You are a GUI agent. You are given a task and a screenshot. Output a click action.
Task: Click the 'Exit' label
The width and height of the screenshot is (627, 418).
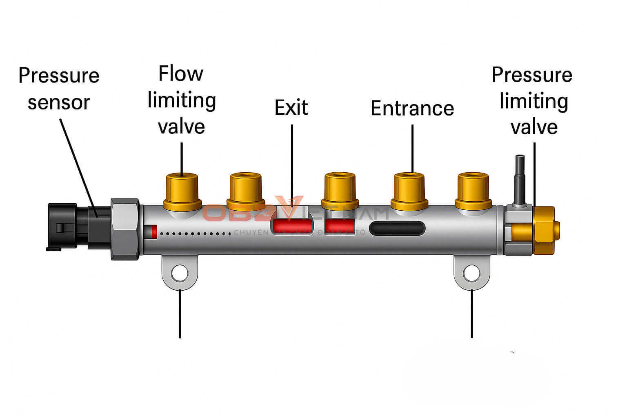291,107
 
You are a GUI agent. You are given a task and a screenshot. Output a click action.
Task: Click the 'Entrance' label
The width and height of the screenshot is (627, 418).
412,109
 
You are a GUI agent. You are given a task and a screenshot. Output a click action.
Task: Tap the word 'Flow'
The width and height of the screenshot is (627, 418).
180,74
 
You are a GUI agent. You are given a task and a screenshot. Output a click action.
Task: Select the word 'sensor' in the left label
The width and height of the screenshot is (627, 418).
58,102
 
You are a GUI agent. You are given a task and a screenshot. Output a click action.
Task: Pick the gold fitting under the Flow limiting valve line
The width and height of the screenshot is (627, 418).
182,191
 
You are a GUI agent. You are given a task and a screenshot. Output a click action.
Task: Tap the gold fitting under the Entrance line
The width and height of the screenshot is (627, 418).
409,191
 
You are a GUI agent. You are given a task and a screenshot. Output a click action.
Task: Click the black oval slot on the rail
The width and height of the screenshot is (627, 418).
397,228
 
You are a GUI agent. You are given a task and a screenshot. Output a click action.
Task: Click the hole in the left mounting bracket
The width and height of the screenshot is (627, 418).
180,273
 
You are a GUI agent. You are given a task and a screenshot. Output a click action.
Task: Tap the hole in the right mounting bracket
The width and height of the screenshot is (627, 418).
471,273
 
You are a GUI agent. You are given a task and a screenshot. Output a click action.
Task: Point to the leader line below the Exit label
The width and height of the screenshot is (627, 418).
292,163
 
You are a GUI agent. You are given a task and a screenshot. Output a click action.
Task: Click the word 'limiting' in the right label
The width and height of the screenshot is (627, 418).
534,101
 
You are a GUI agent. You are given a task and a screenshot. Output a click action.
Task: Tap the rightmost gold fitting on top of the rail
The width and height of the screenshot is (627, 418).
473,191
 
